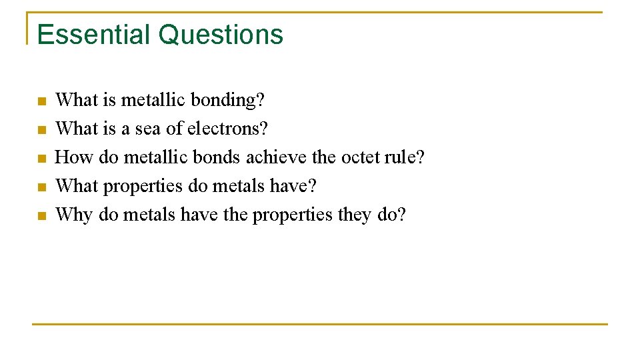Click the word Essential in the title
tap(95, 35)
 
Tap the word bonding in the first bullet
tap(227, 100)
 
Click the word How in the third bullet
tap(75, 157)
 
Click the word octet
tap(361, 157)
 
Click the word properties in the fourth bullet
tap(142, 187)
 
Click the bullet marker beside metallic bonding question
tap(41, 101)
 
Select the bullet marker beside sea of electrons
tap(41, 130)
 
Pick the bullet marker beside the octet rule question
tap(41, 159)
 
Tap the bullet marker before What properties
tap(41, 187)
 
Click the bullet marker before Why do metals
tap(41, 216)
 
